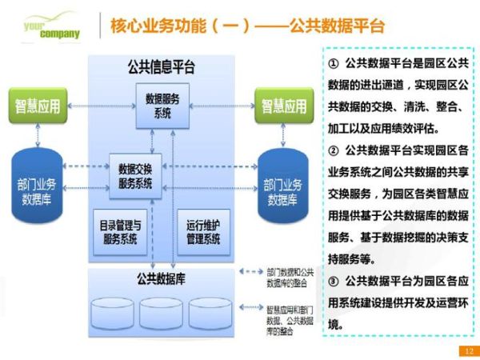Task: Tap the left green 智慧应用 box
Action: (x=38, y=106)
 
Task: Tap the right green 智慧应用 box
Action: (x=283, y=106)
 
